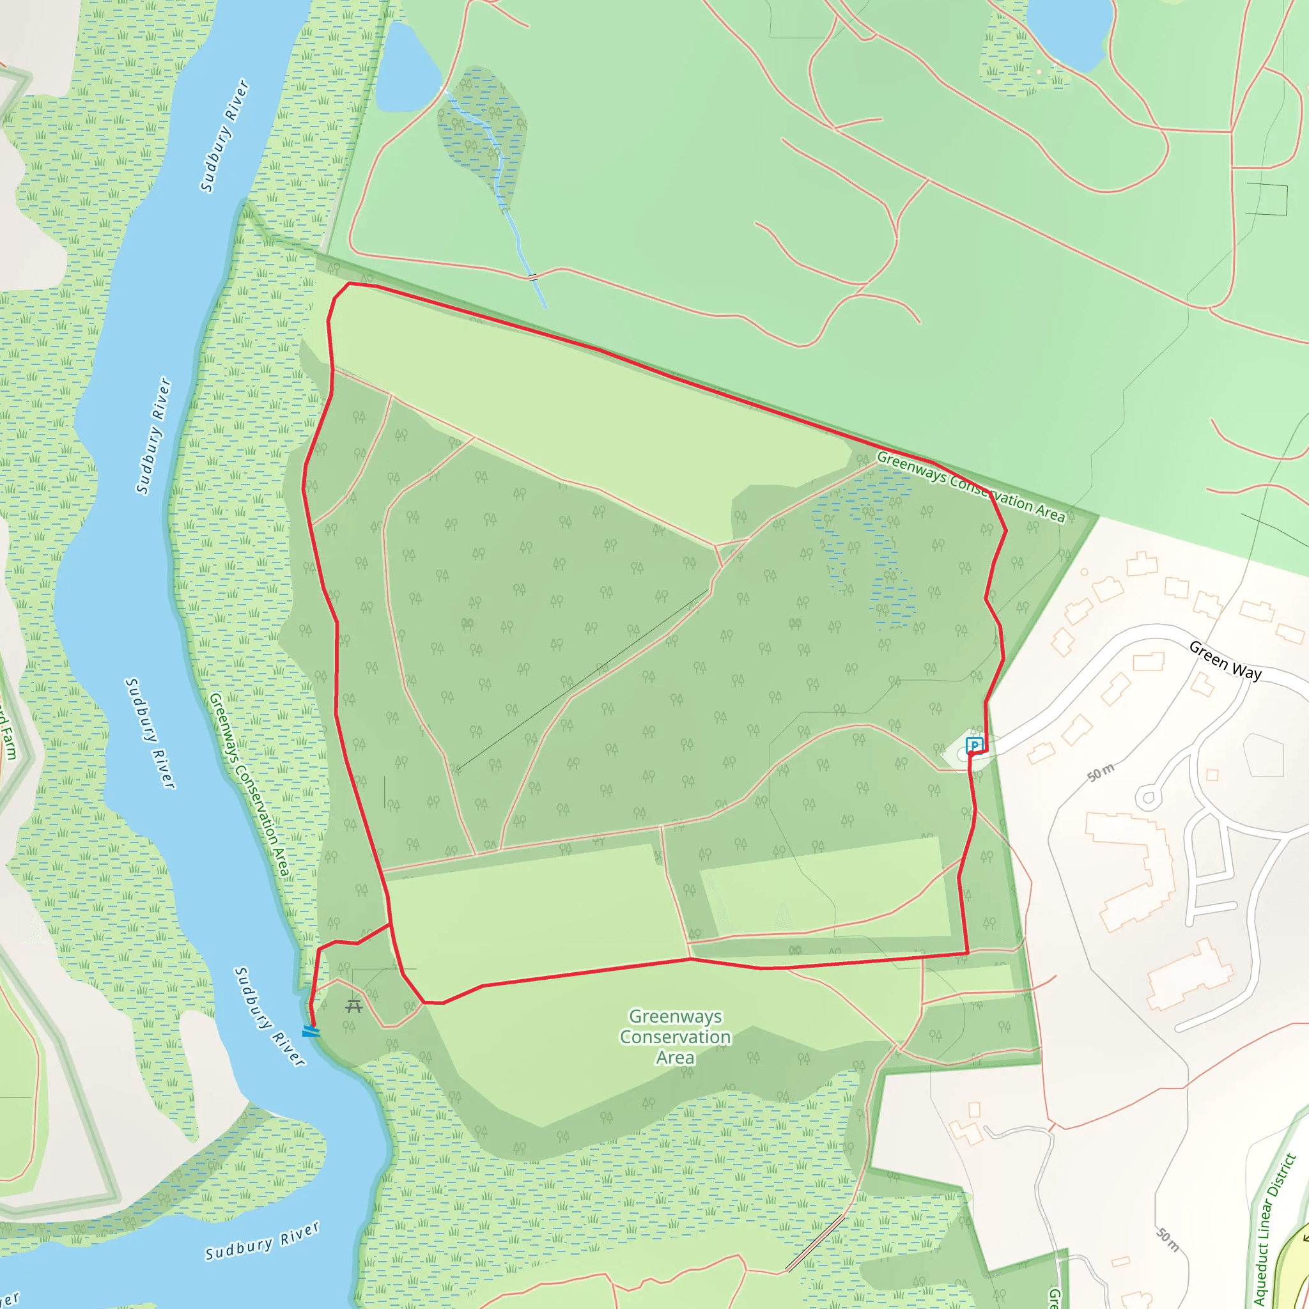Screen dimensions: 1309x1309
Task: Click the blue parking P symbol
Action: point(974,745)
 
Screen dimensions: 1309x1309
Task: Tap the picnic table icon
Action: point(353,1006)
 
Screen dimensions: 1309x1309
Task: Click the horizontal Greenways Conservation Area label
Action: point(676,1036)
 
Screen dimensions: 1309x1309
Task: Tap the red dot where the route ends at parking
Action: point(971,754)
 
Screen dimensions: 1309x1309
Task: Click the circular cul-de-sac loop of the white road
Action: point(1149,797)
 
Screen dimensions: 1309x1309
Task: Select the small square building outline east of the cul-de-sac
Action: point(1212,775)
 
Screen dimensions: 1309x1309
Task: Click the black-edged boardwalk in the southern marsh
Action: point(816,1243)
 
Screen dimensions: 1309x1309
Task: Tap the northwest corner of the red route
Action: point(349,284)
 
